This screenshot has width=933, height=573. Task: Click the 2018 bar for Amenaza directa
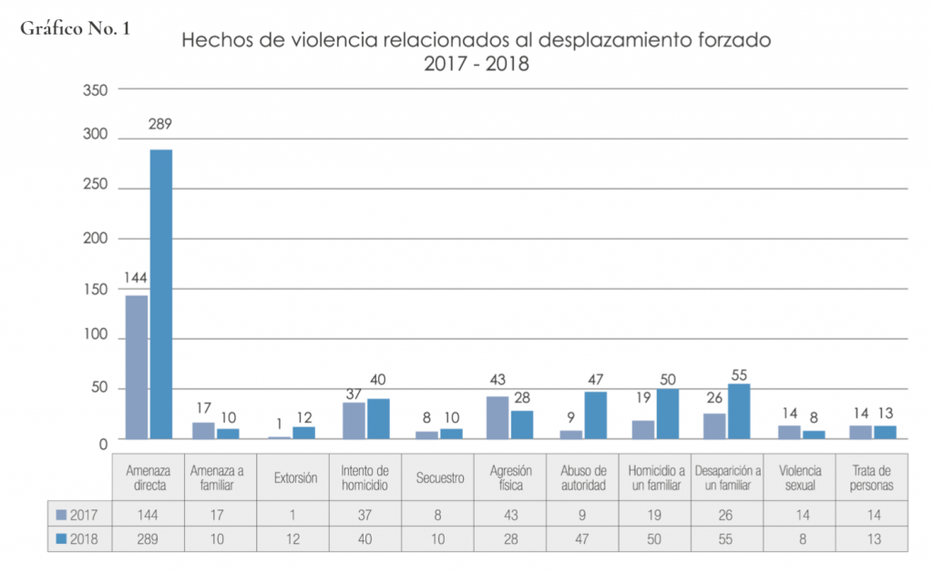[x=161, y=293]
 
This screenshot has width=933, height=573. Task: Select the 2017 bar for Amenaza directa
[x=136, y=366]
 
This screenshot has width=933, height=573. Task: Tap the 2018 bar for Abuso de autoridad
[x=595, y=415]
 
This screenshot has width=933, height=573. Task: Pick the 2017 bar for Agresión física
[x=497, y=417]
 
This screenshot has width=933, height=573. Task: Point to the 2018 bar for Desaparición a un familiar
[x=739, y=411]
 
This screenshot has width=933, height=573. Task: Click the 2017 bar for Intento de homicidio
[x=354, y=420]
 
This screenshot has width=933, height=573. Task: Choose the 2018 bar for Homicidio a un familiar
[x=668, y=414]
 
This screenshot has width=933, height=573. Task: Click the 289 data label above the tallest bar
[x=161, y=124]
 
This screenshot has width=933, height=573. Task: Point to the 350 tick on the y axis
[x=96, y=89]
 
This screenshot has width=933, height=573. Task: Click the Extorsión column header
[x=293, y=477]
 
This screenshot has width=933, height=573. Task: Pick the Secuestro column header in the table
[x=438, y=477]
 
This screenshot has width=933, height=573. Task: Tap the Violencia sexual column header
[x=800, y=477]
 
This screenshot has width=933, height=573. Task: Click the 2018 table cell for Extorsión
[x=293, y=539]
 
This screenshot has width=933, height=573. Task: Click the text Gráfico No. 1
[x=74, y=28]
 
